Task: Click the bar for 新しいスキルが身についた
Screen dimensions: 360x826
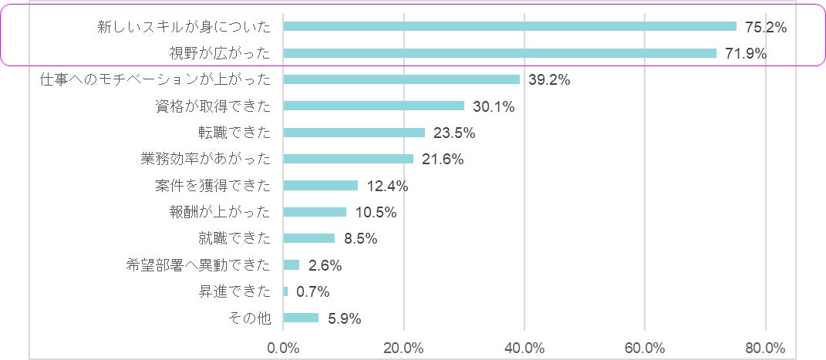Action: tap(510, 26)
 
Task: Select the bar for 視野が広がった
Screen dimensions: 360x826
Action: tap(500, 53)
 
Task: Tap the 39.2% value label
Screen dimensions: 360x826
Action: tap(549, 79)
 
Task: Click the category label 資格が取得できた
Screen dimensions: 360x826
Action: tap(213, 106)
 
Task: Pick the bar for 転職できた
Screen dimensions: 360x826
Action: tap(354, 133)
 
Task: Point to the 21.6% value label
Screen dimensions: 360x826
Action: tap(443, 160)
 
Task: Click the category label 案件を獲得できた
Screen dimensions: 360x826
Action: tap(213, 186)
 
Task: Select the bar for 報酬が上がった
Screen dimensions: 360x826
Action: tap(315, 212)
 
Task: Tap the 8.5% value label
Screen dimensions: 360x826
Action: tap(360, 239)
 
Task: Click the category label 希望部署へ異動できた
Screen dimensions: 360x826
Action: tap(198, 265)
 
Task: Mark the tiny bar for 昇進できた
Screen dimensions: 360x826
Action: tap(285, 291)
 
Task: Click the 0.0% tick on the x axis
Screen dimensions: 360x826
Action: tap(283, 347)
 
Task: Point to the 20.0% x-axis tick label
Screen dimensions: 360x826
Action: tap(403, 347)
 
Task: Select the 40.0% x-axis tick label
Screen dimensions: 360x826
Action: tap(524, 347)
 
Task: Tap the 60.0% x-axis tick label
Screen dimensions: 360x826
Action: tap(645, 347)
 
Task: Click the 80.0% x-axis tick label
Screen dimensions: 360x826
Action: tap(765, 347)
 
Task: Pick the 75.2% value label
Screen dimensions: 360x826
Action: tap(766, 27)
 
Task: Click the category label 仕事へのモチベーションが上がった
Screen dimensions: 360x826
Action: tap(155, 79)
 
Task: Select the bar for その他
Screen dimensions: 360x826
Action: tap(301, 318)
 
